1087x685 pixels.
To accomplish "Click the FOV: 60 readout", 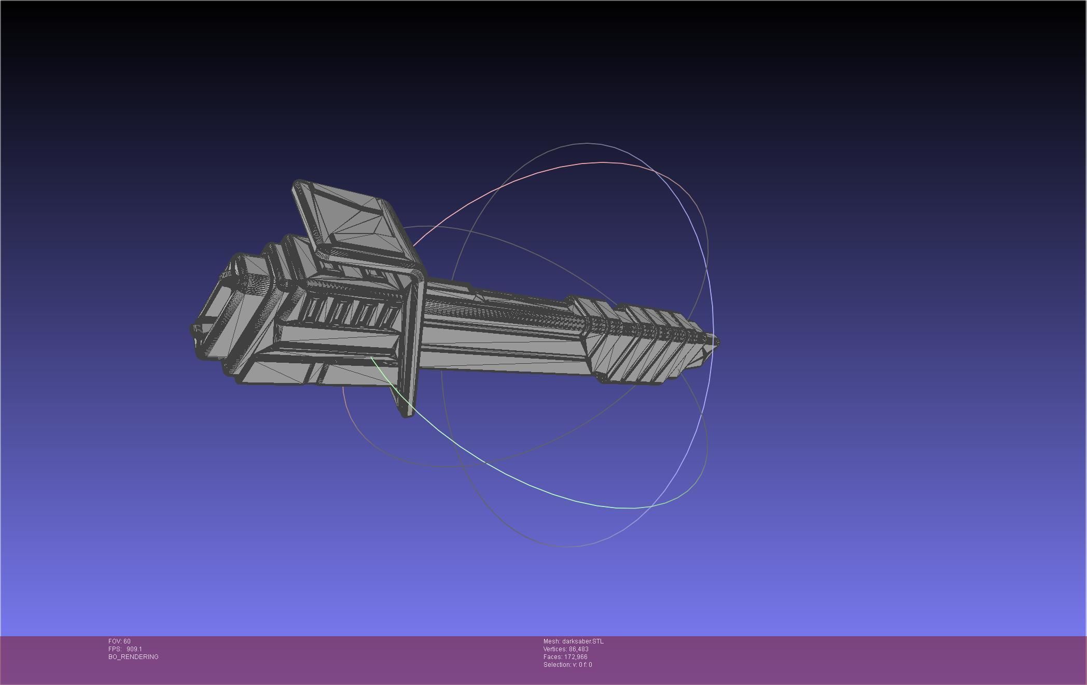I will click(119, 641).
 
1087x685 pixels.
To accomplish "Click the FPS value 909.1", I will click(134, 649).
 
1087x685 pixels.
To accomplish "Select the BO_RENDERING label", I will click(133, 657).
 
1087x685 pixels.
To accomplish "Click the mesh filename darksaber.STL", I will click(582, 641).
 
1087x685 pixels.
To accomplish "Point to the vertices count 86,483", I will click(578, 649).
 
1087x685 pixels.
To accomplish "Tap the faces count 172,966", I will click(576, 657).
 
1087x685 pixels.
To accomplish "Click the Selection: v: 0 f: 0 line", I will click(567, 665).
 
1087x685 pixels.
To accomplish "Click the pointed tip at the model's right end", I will click(716, 342).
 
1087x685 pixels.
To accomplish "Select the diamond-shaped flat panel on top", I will click(358, 221).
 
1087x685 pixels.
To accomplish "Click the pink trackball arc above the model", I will click(545, 171).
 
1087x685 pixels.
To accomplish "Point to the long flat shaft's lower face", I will click(503, 358).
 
